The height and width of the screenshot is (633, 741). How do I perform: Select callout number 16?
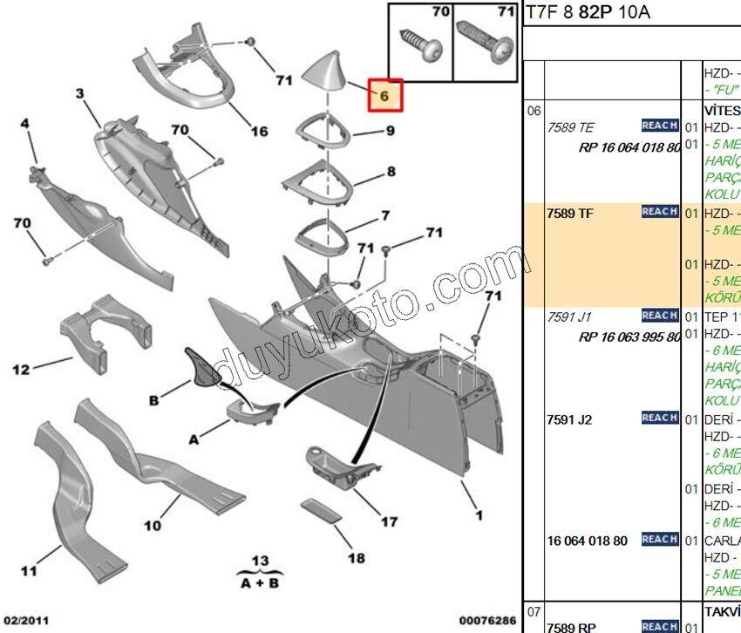coord(259,132)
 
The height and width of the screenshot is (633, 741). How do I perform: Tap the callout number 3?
coord(79,92)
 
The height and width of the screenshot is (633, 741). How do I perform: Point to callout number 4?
coord(25,125)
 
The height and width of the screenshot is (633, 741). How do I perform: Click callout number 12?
coord(21,370)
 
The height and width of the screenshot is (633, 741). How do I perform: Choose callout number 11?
coord(29,571)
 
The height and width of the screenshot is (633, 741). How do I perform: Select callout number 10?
coord(153,526)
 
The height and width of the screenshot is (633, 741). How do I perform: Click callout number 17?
coord(389,521)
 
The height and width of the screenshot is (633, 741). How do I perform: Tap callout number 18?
coord(356,558)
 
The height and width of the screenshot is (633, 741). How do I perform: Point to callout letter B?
coord(153,400)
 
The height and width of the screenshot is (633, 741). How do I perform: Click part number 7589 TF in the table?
coord(569,213)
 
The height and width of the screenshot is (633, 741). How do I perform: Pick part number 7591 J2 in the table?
coord(569,419)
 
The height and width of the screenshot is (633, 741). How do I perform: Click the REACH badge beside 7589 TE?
coord(659,126)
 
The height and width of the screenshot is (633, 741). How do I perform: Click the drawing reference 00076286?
coord(486,621)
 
